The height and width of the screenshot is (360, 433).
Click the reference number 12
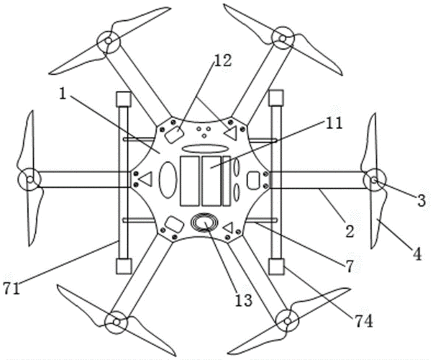coord(223,60)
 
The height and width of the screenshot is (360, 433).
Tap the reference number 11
coord(334,123)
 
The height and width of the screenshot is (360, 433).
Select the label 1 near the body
coord(63,94)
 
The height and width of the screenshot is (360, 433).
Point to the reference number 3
coord(421,201)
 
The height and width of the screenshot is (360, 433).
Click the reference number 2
coord(350,231)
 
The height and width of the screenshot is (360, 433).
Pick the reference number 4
coord(417,254)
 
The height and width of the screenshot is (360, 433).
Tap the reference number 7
coord(349,267)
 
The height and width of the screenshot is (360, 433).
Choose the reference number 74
coord(364,322)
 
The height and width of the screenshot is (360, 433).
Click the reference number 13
coord(244,300)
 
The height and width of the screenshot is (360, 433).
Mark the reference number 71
coord(12,289)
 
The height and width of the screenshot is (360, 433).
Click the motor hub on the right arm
coord(374,180)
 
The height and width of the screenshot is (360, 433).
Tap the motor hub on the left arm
coord(29,180)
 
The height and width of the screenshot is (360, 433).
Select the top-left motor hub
coord(109,42)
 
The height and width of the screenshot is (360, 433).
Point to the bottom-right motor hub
coord(288,321)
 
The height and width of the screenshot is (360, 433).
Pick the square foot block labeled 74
coord(276,266)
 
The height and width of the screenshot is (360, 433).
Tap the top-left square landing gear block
coord(123,99)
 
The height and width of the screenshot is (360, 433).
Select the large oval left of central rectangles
coord(168,180)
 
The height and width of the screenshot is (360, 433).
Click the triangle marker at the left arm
coord(145,179)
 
